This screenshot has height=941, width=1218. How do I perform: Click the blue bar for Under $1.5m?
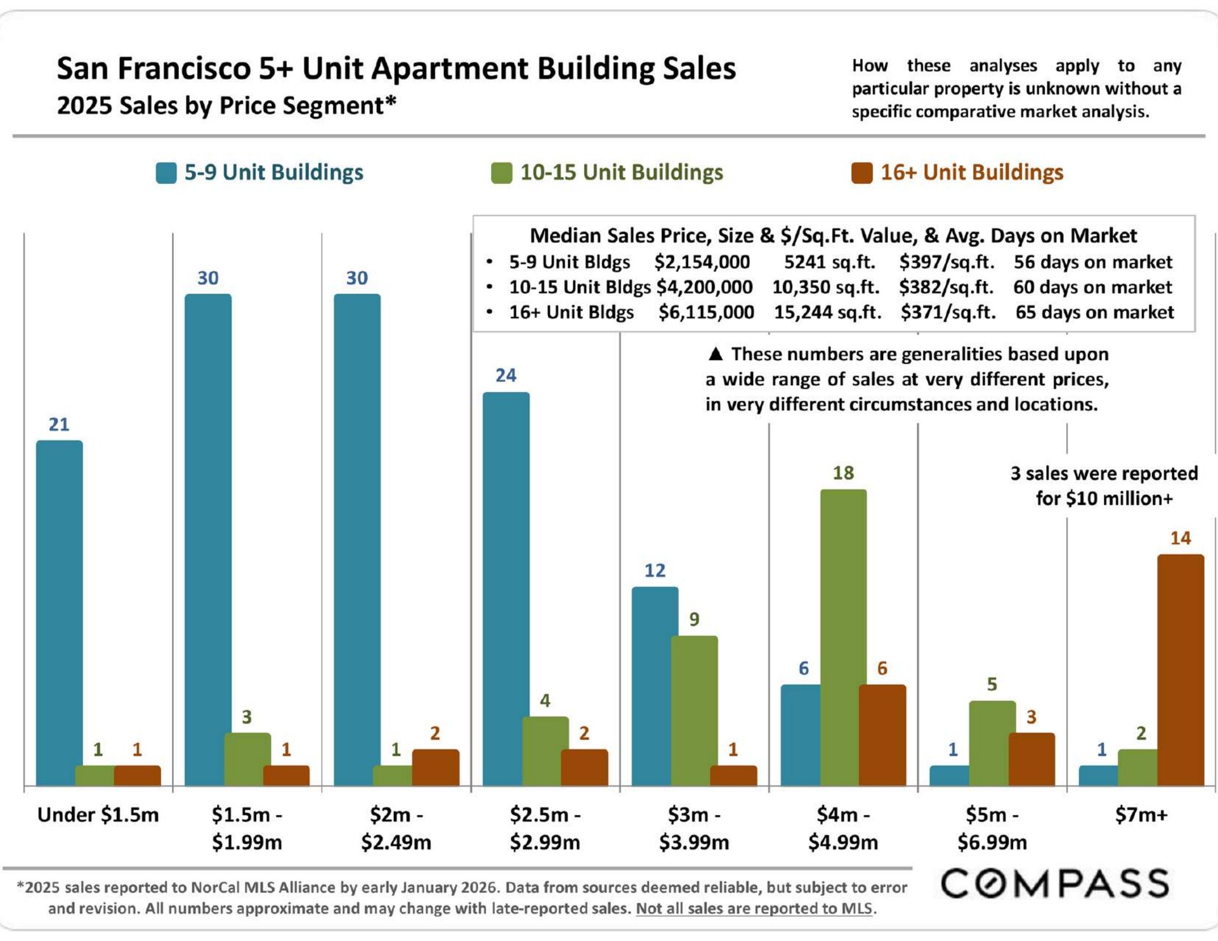[x=59, y=612]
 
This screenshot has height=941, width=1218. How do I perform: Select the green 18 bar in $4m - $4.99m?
[x=843, y=637]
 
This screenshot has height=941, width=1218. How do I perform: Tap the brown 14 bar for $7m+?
[x=1180, y=669]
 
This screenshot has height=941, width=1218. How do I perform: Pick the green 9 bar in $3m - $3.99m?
[x=694, y=711]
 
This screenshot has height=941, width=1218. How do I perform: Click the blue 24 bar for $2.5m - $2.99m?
[x=506, y=588]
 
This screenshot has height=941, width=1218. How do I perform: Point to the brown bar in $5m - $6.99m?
[x=1031, y=759]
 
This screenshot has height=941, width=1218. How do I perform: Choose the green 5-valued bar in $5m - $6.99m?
[x=992, y=743]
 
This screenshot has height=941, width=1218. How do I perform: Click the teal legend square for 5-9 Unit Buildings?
[x=166, y=173]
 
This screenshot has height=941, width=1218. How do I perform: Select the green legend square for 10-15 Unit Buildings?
[x=501, y=173]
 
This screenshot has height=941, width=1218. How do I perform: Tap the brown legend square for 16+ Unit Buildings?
[x=861, y=173]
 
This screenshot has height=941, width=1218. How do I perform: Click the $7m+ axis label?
[x=1141, y=815]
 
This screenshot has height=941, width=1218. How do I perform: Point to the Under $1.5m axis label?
[x=98, y=815]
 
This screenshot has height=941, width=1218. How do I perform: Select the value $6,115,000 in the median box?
[x=706, y=312]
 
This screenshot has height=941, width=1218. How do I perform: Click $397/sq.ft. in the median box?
[x=946, y=262]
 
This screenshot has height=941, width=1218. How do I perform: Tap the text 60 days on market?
[x=1092, y=287]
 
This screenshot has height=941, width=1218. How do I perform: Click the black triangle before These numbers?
[x=716, y=354]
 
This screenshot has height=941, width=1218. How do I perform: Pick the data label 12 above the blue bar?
[x=655, y=570]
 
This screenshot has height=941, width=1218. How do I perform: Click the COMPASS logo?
[x=1054, y=884]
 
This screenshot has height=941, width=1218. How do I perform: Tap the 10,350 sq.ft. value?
[x=825, y=287]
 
